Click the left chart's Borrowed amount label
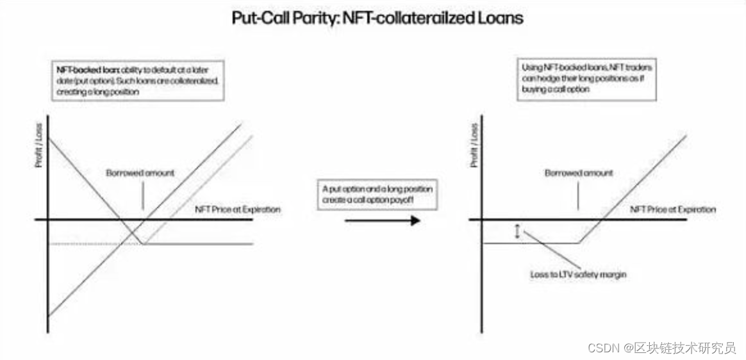[140, 173]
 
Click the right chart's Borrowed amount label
[578, 173]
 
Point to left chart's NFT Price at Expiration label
[237, 209]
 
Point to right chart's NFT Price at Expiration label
[673, 209]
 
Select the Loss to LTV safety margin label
[577, 274]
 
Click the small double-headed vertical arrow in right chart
[517, 231]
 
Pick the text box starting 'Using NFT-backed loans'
[586, 78]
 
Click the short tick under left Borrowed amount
[142, 195]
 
